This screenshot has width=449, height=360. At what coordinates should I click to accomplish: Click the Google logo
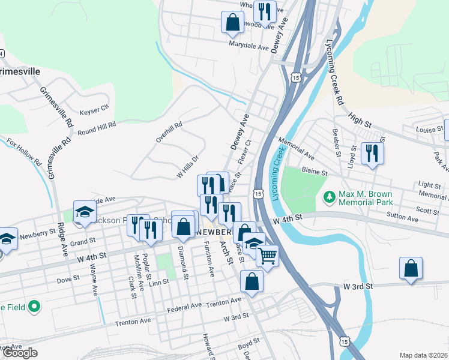click(x=20, y=353)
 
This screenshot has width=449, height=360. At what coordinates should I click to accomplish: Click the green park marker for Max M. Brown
click(x=328, y=196)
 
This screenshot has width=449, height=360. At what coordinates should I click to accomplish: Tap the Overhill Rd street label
click(x=169, y=133)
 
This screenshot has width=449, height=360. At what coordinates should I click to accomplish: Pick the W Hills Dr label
click(x=187, y=167)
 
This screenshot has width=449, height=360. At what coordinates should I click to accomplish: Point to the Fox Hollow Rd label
click(x=24, y=154)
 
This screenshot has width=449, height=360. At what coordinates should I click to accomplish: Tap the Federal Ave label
click(x=184, y=305)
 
